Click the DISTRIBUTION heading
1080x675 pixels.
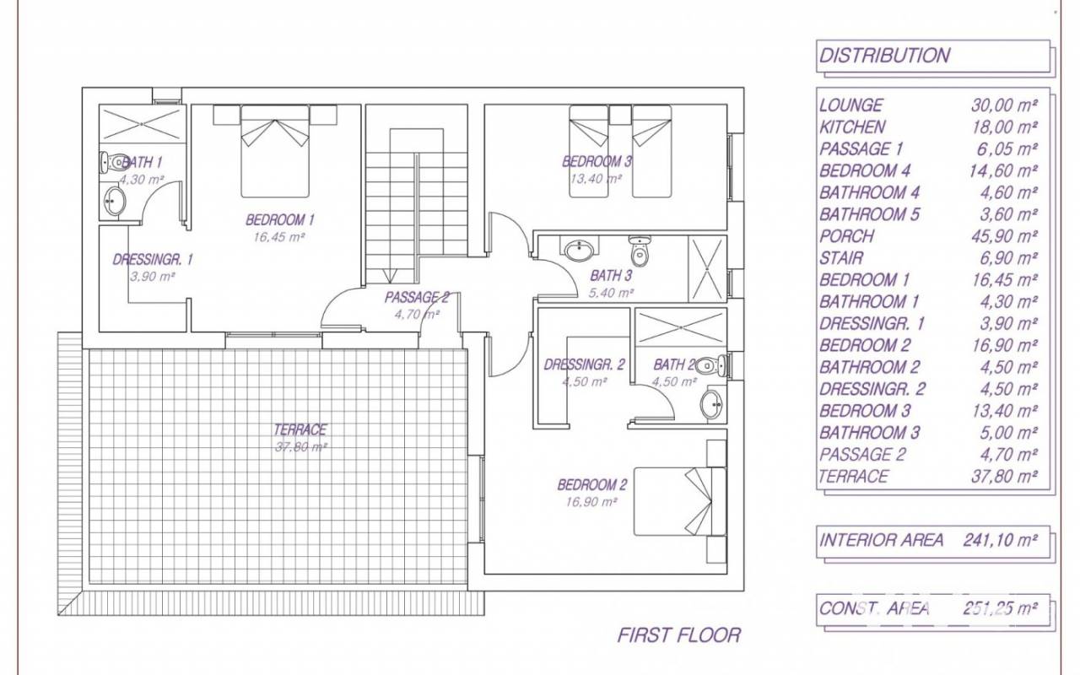pos(885,56)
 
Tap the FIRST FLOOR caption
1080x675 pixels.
pos(679,635)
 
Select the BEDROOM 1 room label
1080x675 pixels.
pos(280,220)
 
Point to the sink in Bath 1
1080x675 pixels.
pos(115,201)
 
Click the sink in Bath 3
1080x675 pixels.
pos(579,250)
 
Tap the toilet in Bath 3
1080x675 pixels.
pos(640,251)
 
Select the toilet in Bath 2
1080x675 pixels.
pos(710,365)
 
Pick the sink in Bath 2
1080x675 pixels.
pos(711,404)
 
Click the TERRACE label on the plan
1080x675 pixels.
pos(300,429)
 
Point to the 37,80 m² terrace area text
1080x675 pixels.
pos(301,447)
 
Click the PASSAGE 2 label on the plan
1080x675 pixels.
pos(417,298)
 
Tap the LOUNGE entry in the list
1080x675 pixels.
pos(851,105)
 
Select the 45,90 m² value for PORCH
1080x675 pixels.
pos(1004,236)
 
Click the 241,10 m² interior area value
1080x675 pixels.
pos(1001,541)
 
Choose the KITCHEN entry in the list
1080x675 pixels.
pos(852,127)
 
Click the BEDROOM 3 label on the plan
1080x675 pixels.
pos(597,161)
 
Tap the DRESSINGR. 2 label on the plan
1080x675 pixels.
pos(585,364)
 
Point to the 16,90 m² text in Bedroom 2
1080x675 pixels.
pos(591,502)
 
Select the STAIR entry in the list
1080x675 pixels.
pos(841,258)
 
